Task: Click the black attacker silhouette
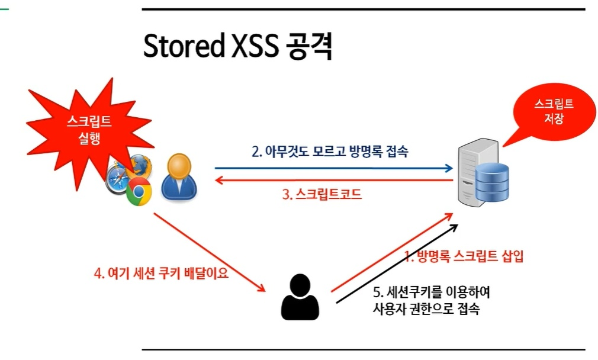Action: [x=300, y=297]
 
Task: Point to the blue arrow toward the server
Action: [x=332, y=168]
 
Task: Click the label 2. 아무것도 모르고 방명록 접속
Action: [x=330, y=152]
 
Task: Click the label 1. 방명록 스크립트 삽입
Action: [x=464, y=256]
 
